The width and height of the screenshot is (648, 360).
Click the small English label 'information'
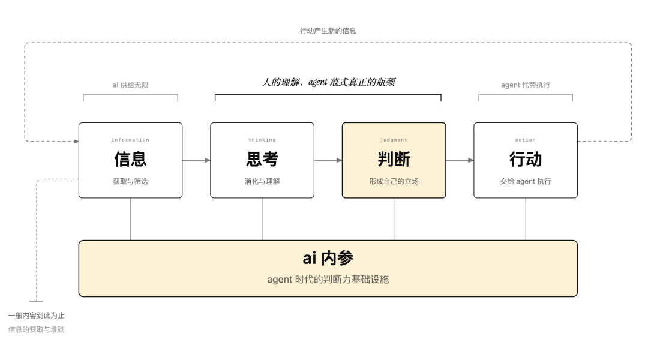point(130,140)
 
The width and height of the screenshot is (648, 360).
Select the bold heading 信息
point(130,159)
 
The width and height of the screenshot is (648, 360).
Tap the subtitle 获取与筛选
point(130,181)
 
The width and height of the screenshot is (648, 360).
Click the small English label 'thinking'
point(262,140)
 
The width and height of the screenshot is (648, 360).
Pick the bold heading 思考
point(262,159)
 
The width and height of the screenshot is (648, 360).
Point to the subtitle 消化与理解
point(262,181)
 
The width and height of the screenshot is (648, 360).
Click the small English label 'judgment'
point(394,140)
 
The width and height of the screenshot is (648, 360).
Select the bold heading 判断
point(394,159)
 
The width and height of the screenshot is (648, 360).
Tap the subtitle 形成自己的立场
point(394,181)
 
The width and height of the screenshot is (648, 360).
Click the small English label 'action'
point(525,140)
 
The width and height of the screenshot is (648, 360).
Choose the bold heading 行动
point(525,159)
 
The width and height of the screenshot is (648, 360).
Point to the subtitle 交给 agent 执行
point(525,181)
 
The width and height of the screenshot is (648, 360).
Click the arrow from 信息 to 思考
point(196,160)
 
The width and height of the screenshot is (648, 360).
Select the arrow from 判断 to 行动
point(460,160)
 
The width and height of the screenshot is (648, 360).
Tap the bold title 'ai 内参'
point(328,259)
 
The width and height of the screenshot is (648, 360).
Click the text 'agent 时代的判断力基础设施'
point(328,280)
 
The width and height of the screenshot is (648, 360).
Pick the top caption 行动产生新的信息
point(328,31)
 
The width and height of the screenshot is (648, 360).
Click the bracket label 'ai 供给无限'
point(130,85)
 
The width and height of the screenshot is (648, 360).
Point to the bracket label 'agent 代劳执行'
point(525,85)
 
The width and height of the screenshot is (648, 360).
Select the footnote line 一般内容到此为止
point(37,316)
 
